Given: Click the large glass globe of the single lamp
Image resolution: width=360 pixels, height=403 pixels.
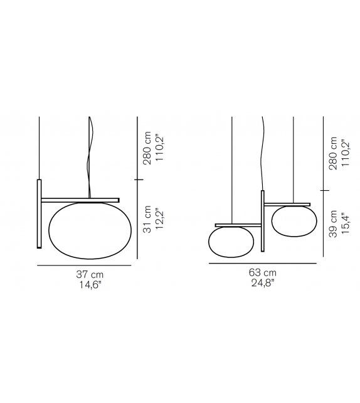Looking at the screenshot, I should pos(90,230).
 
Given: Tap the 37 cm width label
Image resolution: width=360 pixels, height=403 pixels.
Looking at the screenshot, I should pos(90,275).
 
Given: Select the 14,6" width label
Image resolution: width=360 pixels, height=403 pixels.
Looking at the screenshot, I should pos(90,285).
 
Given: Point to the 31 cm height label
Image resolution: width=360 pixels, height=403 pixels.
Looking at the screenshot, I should pos(147,220).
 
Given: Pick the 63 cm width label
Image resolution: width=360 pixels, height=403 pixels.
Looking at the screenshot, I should pos(262,272).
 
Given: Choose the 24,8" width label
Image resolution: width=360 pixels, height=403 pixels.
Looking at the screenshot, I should pos(262,282).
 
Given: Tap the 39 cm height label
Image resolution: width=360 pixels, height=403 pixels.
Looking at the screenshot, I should pos(332,223).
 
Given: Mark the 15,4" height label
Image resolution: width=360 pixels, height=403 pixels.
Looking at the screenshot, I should pos(344,223).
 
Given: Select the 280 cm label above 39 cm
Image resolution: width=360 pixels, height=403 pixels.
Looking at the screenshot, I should pos(332,153).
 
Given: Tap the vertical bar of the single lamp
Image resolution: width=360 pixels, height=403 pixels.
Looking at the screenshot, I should pos(39,213).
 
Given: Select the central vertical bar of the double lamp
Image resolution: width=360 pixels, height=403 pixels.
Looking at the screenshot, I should pos(263,220).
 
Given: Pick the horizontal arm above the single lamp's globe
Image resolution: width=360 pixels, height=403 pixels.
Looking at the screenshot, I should pos(80,200).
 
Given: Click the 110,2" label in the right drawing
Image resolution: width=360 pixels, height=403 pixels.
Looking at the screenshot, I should pos(344,153).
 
